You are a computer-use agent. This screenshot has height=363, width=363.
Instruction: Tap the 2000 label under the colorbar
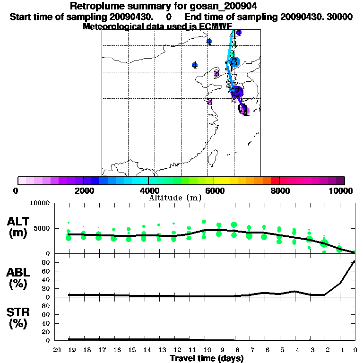[83, 190]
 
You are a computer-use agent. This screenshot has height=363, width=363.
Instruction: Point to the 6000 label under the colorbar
[214, 190]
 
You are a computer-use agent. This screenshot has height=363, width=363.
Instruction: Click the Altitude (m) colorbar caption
[182, 198]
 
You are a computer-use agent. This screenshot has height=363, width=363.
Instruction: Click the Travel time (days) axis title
[207, 359]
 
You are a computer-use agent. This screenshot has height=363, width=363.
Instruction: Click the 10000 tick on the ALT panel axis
[41, 203]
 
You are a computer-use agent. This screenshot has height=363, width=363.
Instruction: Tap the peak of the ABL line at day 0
[355, 261]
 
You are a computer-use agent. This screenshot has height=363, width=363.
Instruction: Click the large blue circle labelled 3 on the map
[235, 61]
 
